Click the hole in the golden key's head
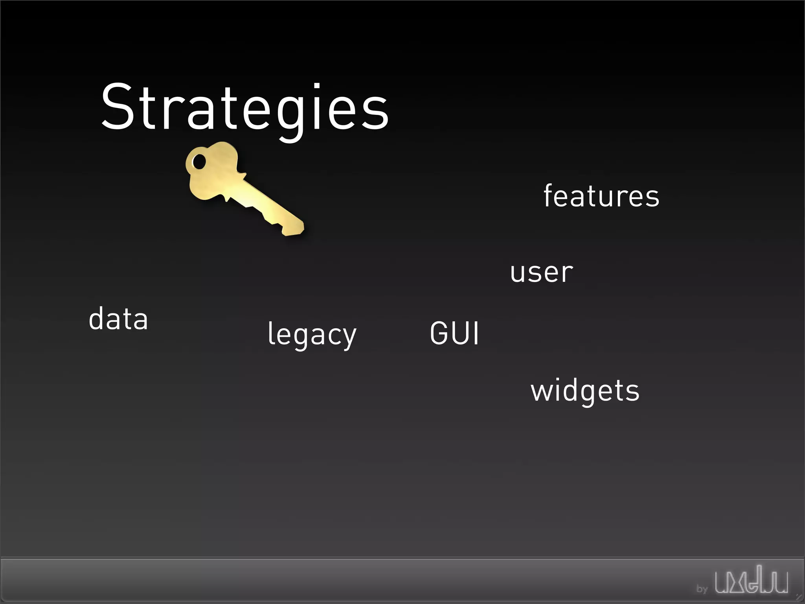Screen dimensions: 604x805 [199, 162]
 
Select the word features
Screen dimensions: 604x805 [601, 195]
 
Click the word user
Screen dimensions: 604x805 [542, 272]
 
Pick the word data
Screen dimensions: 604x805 [118, 319]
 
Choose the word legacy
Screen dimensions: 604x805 [312, 334]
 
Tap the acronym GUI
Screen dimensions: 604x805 [454, 333]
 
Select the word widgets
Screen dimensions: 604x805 [585, 391]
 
